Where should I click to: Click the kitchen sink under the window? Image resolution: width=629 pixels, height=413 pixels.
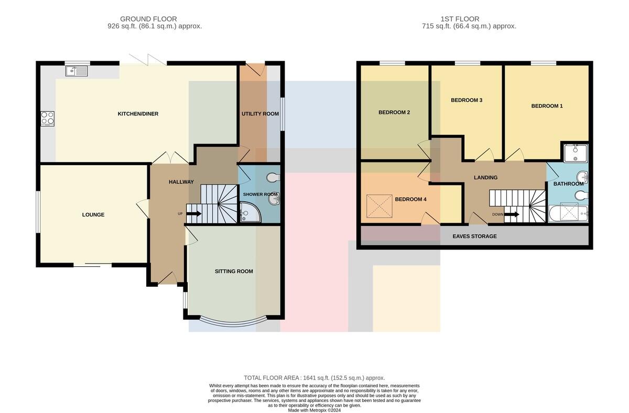77,71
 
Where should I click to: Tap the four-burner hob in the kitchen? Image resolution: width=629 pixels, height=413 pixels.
48,118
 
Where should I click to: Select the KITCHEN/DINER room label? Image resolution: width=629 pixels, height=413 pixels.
138,114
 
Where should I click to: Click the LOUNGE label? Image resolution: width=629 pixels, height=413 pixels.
93,214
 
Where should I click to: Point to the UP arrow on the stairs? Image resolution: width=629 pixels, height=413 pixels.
194,214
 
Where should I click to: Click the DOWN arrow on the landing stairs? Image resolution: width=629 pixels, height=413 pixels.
512,214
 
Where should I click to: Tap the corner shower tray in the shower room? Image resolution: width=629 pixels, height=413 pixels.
250,212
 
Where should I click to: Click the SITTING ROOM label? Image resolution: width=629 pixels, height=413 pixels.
234,271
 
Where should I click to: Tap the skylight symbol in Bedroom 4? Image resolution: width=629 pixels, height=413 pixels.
379,206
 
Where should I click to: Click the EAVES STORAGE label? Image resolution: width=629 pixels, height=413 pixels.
474,236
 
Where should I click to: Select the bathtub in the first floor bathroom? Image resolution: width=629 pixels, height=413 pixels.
568,214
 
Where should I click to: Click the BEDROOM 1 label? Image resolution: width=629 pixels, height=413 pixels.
547,106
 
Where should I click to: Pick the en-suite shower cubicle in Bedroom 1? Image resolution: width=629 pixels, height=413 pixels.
576,153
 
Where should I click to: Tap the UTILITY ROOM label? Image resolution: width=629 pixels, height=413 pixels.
261,114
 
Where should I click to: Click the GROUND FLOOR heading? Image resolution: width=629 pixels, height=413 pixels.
148,19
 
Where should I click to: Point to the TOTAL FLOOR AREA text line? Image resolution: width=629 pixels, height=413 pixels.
314,378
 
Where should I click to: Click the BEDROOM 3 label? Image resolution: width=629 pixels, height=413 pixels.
467,100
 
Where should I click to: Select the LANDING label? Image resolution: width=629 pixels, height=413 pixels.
485,178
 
